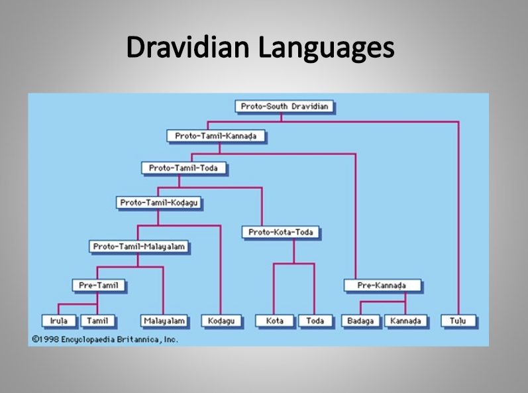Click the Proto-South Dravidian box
(x=285, y=107)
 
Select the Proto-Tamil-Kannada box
(x=216, y=136)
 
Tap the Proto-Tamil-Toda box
(x=184, y=168)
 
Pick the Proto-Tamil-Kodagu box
(x=159, y=203)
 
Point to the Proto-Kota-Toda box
(x=281, y=232)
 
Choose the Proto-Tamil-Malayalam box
(x=138, y=247)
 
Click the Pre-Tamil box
(x=99, y=286)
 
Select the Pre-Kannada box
(x=382, y=286)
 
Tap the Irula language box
(x=59, y=321)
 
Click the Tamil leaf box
(x=97, y=321)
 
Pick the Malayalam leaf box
(x=164, y=321)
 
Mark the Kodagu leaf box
(x=221, y=321)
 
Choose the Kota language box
(x=274, y=321)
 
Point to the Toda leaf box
(x=315, y=321)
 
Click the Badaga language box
(x=360, y=321)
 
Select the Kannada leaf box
(x=405, y=321)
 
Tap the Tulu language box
(x=458, y=321)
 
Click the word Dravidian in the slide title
(x=188, y=47)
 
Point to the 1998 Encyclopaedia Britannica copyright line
(x=105, y=339)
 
